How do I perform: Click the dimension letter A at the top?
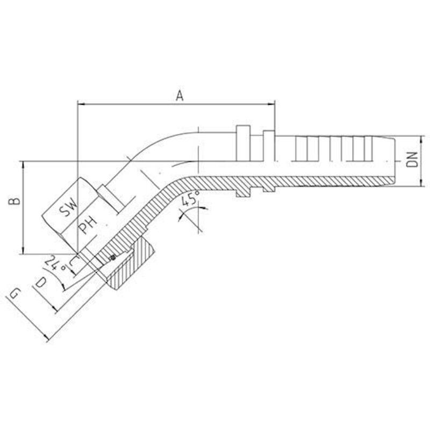pos(180,96)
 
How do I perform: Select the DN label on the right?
pos(412,159)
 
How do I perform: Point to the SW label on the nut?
pos(68,207)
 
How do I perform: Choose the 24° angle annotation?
pos(56,264)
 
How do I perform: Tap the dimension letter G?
pos(15,293)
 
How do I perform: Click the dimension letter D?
pos(41,283)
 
